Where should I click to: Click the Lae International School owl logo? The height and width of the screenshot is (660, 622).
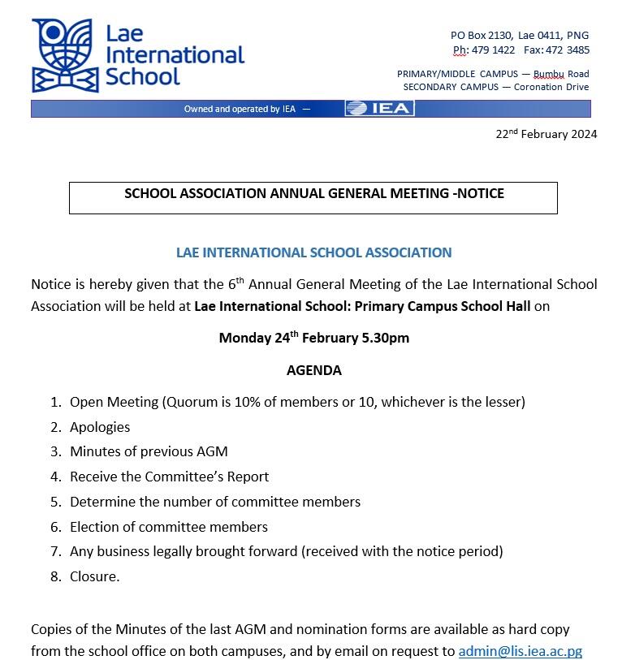[64, 55]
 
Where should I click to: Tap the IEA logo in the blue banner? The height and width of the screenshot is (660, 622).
[379, 109]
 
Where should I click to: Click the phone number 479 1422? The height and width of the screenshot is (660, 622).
[493, 50]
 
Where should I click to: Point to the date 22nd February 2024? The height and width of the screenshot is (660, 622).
[546, 135]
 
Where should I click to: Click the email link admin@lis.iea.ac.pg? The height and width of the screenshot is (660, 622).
[520, 651]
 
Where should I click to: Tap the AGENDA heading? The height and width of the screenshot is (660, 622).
[313, 370]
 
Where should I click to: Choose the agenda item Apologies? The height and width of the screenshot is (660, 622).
[100, 427]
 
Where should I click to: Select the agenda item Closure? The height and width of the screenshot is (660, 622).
[94, 576]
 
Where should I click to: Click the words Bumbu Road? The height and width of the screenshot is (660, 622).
[561, 74]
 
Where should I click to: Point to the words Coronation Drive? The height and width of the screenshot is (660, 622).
[551, 87]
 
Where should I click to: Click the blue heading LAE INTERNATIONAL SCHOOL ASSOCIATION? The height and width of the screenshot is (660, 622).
[313, 252]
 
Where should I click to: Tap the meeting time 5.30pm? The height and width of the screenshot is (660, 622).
[387, 338]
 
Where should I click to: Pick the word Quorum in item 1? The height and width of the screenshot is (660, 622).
[192, 402]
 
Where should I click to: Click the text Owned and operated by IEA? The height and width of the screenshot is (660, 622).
[240, 110]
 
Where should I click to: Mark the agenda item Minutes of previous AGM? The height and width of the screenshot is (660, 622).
[149, 451]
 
